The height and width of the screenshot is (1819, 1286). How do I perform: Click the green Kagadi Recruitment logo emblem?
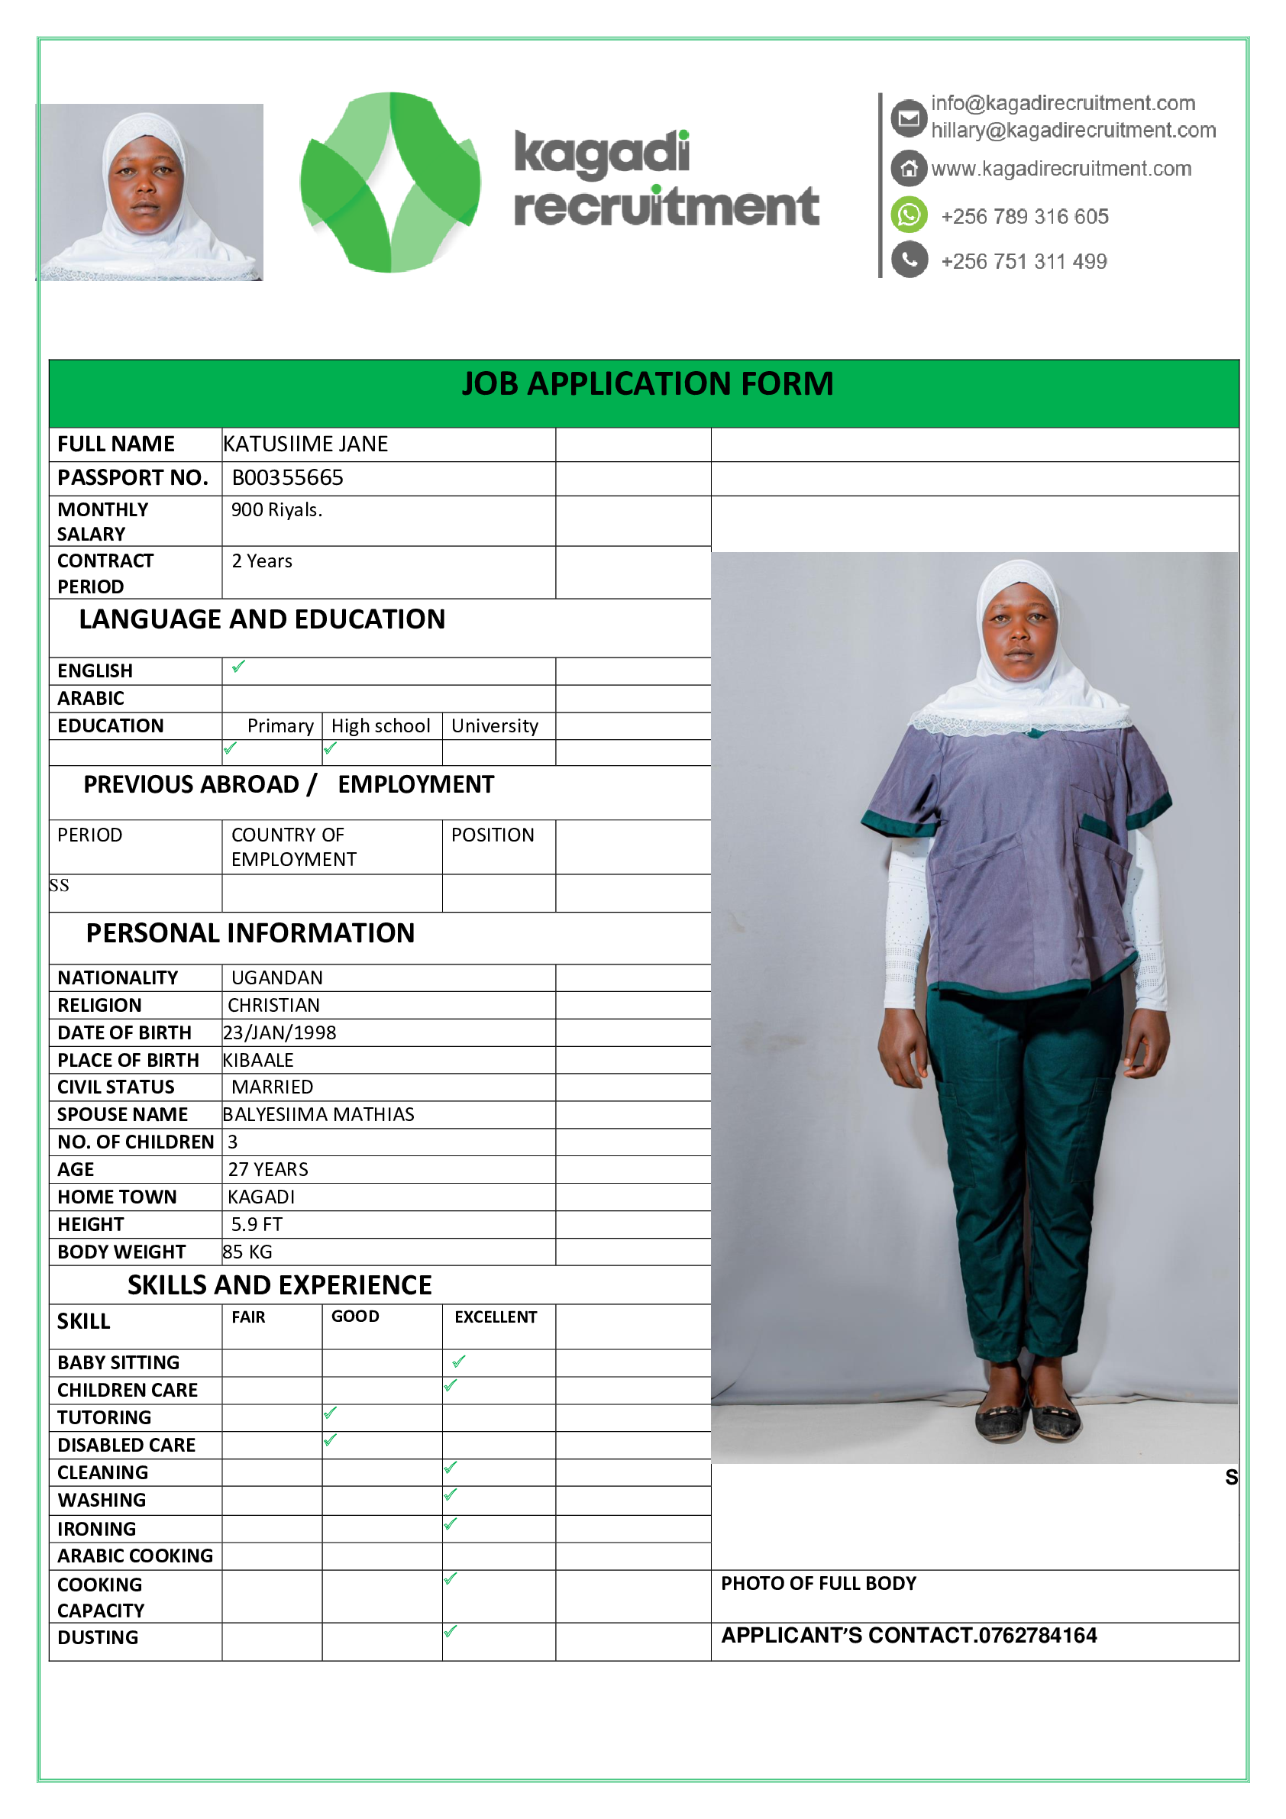(x=389, y=183)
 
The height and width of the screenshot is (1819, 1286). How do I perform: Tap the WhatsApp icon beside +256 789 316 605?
(x=909, y=215)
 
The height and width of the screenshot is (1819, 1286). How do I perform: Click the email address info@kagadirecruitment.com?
(x=1062, y=103)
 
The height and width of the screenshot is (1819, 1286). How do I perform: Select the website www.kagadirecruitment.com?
(x=1061, y=169)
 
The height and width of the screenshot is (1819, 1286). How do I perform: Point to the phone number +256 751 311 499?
(x=1024, y=261)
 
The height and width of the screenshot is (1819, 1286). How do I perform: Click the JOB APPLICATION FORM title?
(x=648, y=384)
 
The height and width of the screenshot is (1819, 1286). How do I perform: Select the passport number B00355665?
(x=288, y=478)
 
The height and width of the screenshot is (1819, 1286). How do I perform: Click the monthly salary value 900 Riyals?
(x=276, y=510)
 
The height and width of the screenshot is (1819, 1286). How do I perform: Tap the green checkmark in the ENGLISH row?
(x=237, y=667)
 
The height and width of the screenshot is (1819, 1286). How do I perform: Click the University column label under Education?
(x=494, y=725)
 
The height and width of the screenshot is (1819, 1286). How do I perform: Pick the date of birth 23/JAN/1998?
(x=279, y=1032)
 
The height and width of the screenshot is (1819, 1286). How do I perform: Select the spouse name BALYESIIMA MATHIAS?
(x=318, y=1115)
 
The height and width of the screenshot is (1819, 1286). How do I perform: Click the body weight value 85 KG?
(x=247, y=1252)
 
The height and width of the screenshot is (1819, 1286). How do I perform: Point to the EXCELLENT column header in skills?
(x=495, y=1317)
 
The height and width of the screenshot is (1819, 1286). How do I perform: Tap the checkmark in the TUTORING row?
(x=331, y=1413)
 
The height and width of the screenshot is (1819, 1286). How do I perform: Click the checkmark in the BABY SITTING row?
(x=459, y=1362)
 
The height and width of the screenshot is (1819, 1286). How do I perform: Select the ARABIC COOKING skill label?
(x=135, y=1556)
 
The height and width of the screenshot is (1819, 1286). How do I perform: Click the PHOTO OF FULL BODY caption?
(x=819, y=1584)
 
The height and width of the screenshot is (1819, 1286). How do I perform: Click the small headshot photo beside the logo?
(x=150, y=192)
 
